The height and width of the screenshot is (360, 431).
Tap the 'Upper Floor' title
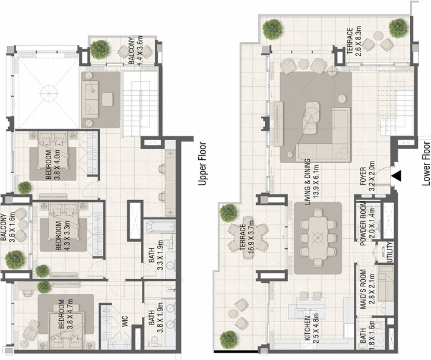tap(202, 163)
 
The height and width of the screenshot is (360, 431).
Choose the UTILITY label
tap(390, 252)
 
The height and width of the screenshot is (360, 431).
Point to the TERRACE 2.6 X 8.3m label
tap(353, 42)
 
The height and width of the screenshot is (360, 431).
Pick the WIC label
tap(125, 321)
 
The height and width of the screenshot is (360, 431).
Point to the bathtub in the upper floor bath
tap(160, 226)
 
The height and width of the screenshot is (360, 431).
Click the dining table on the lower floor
tap(318, 237)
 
